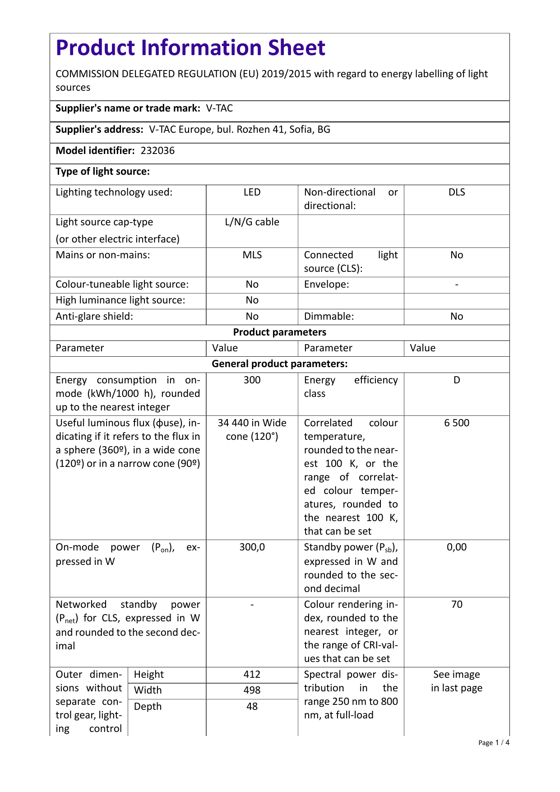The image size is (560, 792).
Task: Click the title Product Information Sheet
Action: tap(190, 48)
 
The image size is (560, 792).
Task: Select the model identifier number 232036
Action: tap(157, 151)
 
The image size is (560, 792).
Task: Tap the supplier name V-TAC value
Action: tap(219, 108)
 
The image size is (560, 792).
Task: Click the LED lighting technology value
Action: tap(252, 192)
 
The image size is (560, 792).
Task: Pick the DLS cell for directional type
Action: tap(457, 192)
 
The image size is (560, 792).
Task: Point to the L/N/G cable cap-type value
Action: tap(252, 222)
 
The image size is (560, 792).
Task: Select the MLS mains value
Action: tap(252, 255)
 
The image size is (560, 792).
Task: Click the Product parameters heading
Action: tap(279, 332)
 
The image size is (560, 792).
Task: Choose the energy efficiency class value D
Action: tap(457, 380)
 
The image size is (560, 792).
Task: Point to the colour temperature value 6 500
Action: tap(457, 423)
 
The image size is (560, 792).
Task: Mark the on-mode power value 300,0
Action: tap(252, 547)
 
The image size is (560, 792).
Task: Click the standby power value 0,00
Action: tap(457, 547)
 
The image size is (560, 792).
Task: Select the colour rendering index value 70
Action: tap(457, 605)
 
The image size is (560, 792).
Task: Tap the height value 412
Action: tap(252, 675)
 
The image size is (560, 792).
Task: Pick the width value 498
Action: tap(252, 690)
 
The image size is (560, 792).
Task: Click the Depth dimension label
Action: tap(148, 707)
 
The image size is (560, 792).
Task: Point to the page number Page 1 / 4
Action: tap(494, 743)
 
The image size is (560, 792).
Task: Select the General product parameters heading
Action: tap(279, 364)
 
